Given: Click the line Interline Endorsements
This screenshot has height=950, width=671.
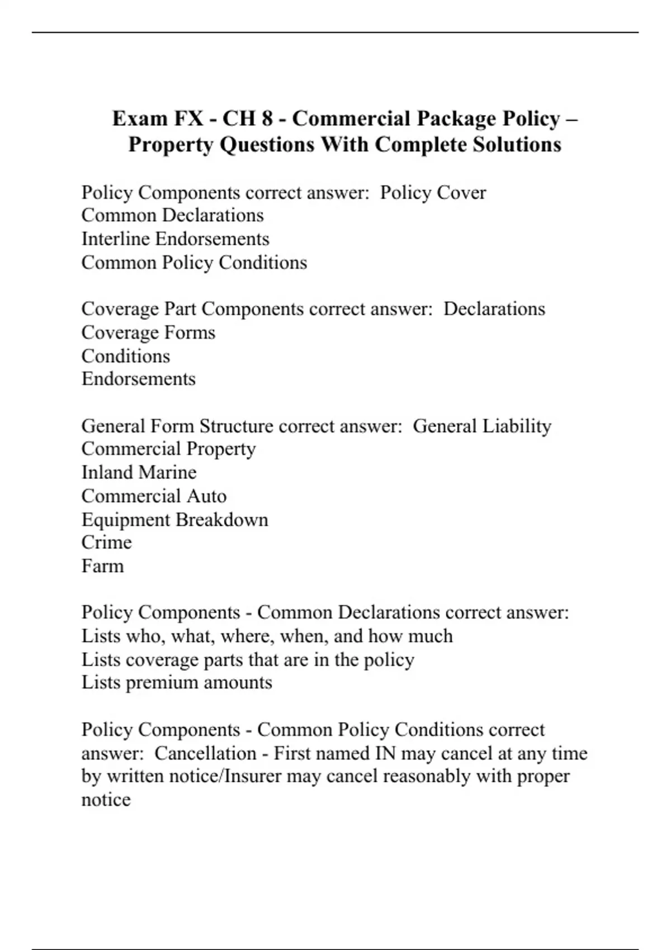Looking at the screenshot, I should tap(175, 239).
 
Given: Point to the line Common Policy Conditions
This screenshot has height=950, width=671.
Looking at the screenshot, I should tap(194, 263).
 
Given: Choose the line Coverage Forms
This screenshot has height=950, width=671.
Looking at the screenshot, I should tap(148, 332).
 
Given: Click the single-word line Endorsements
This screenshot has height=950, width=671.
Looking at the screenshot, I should tap(138, 379).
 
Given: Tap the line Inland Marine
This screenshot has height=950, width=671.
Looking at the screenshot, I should tap(139, 472).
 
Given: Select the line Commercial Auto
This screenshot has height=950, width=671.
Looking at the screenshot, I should tap(154, 496).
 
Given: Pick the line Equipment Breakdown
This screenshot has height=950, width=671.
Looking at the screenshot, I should tap(174, 520).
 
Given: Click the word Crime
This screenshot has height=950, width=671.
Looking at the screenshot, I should tap(106, 543).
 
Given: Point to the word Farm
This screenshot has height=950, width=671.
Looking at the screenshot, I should tap(102, 566).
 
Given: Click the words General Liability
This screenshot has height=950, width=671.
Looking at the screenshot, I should tap(481, 426).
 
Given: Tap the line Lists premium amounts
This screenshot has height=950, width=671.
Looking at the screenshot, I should tap(177, 682).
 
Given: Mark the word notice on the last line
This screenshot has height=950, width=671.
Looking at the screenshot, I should tap(106, 800).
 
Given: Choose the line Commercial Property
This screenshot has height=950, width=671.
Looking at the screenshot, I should tap(168, 449).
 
